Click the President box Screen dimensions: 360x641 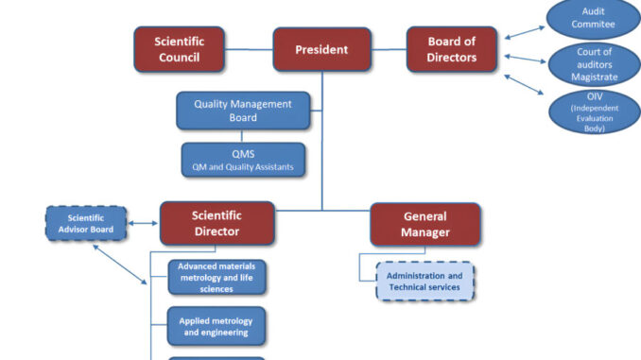click(321, 49)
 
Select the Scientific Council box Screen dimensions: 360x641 click(179, 49)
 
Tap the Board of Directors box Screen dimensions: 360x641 click(451, 49)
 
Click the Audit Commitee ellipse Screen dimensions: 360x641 click(593, 18)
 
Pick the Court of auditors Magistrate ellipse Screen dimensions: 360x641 click(593, 64)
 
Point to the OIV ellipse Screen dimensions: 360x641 click(593, 111)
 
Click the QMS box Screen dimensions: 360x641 click(243, 161)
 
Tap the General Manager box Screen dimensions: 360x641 click(424, 224)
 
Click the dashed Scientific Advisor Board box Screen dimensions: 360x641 click(85, 224)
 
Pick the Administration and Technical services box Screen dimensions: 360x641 click(424, 281)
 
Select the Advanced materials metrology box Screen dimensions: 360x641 click(217, 278)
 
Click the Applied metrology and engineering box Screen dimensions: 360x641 click(217, 326)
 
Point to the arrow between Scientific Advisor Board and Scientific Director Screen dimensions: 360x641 click(142, 224)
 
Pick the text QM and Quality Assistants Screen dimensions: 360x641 click(243, 167)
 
